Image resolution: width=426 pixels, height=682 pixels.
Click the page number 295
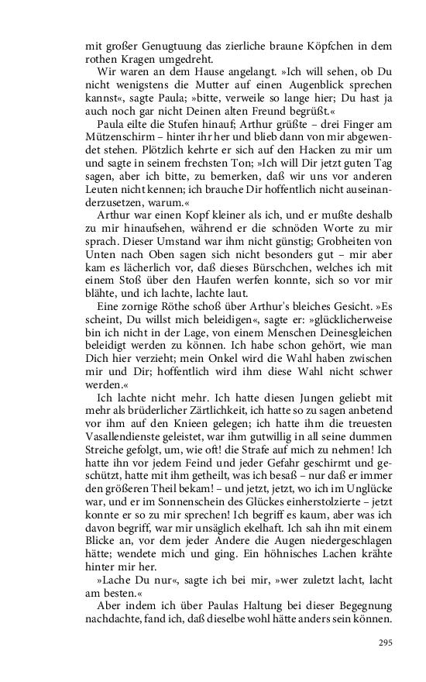[385, 642]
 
